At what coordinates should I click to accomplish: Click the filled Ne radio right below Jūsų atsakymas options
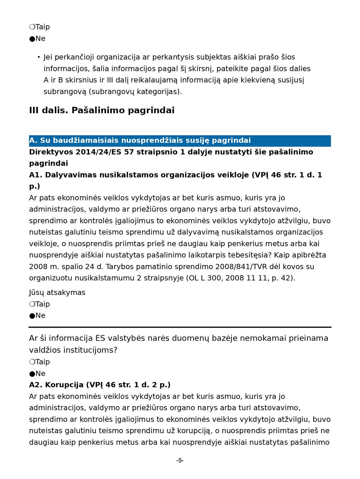32,316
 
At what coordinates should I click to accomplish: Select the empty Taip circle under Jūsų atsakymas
32,304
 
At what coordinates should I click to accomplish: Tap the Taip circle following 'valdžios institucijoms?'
32,362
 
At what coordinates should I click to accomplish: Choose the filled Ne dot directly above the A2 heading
32,374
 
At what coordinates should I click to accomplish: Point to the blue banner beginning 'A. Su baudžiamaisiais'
180,141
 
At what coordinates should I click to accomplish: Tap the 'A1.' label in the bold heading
36,175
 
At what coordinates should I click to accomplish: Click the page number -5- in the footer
180,460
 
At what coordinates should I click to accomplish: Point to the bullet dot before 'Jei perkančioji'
39,57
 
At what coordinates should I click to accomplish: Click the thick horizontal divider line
180,327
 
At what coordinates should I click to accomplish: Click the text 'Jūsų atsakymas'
57,293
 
